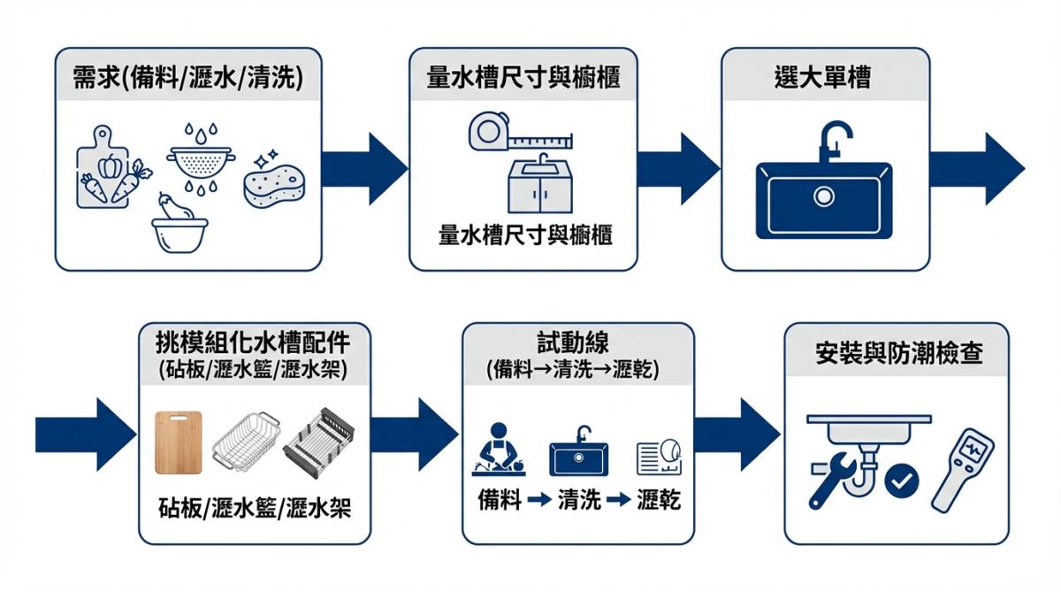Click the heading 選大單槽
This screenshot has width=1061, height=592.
[825, 78]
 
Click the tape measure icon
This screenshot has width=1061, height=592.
[517, 135]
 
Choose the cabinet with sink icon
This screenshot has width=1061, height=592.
[540, 185]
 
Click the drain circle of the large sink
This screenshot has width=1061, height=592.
[825, 196]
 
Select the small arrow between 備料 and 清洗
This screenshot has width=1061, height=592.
[538, 500]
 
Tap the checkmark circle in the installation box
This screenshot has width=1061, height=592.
[901, 481]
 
